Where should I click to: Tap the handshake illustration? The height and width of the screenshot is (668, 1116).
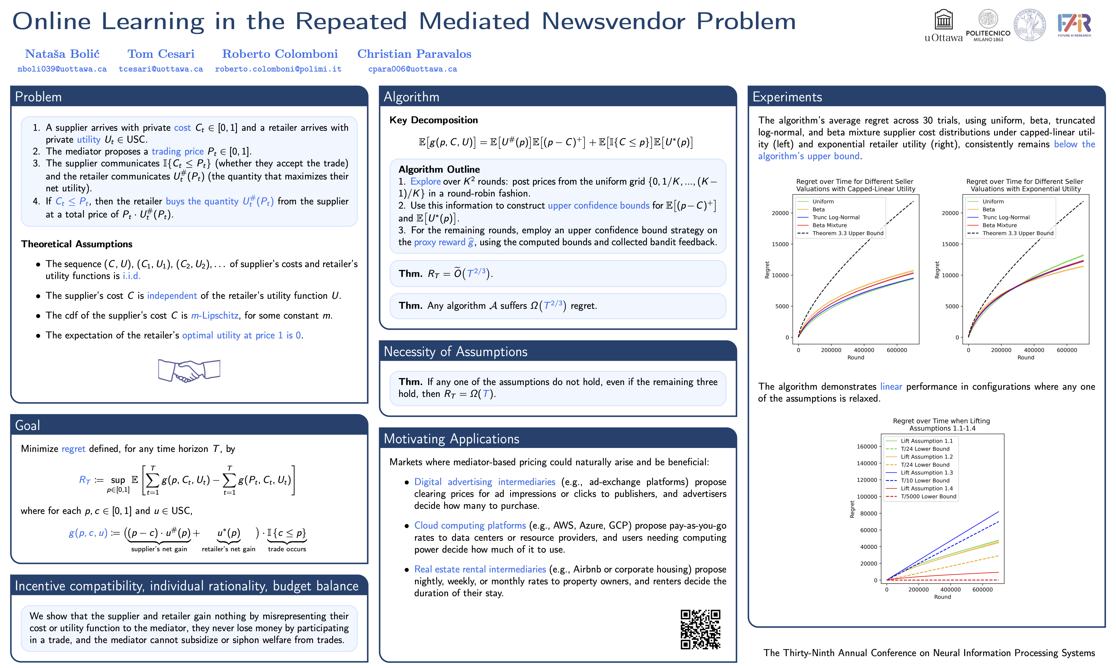189,370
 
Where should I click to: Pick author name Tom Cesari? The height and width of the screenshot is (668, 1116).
161,54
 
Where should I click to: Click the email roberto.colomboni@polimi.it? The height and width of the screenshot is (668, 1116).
278,69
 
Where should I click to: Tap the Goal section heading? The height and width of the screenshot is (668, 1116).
28,425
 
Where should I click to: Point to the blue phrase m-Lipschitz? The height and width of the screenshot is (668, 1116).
215,316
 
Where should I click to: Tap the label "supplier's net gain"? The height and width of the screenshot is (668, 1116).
159,549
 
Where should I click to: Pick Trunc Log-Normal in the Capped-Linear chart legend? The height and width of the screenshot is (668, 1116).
836,217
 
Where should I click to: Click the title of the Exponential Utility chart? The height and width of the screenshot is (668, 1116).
1025,185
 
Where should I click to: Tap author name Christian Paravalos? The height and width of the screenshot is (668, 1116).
414,54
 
